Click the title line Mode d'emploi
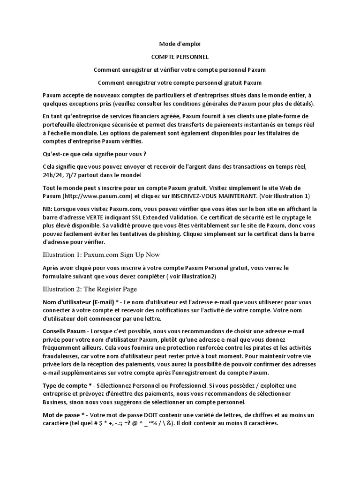point(180,44)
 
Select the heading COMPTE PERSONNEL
point(180,57)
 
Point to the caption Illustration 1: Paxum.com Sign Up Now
point(101,255)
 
